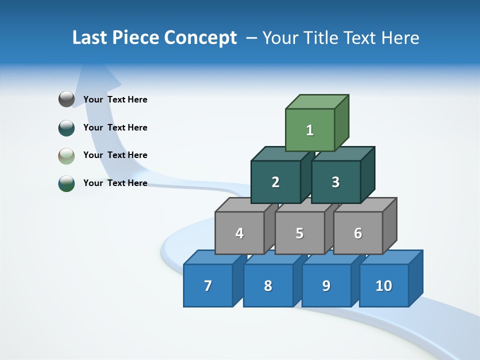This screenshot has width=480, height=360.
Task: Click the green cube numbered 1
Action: [310, 130]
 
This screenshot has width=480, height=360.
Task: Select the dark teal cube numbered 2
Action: [275, 182]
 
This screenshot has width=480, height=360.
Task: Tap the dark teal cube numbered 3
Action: [335, 182]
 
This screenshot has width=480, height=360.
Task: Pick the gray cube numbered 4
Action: [239, 233]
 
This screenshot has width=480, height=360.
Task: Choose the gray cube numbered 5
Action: [299, 233]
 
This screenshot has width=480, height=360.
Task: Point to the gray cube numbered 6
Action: [358, 233]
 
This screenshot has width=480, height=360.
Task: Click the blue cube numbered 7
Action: [208, 285]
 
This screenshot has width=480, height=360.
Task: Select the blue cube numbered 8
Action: [268, 285]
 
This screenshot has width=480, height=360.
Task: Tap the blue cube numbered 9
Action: [326, 285]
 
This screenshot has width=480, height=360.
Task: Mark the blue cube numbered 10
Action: [384, 285]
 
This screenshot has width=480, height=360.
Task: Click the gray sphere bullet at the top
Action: [66, 99]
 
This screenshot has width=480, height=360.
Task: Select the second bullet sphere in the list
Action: [66, 127]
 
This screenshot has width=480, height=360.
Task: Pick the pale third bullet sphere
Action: [66, 155]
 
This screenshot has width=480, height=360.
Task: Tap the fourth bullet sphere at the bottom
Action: [66, 183]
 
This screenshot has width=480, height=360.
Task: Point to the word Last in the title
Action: [91, 38]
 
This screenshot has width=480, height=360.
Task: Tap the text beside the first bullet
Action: [115, 99]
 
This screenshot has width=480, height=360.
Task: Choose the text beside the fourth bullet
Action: [115, 183]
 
